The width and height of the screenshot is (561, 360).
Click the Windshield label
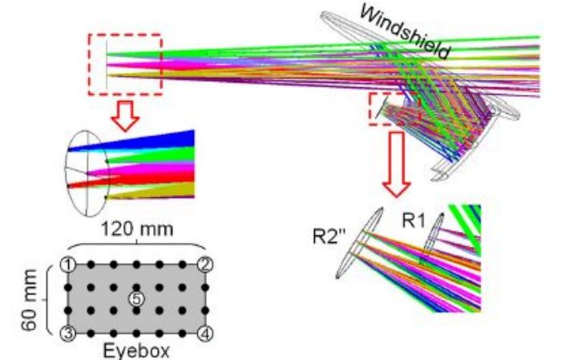tap(404, 30)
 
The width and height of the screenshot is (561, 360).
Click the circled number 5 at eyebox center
tap(138, 298)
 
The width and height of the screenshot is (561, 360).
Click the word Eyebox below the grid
tap(137, 351)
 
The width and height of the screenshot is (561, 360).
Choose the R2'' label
tap(329, 238)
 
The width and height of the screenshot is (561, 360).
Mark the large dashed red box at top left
tap(125, 64)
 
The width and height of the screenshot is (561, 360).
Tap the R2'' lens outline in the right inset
tap(361, 241)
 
